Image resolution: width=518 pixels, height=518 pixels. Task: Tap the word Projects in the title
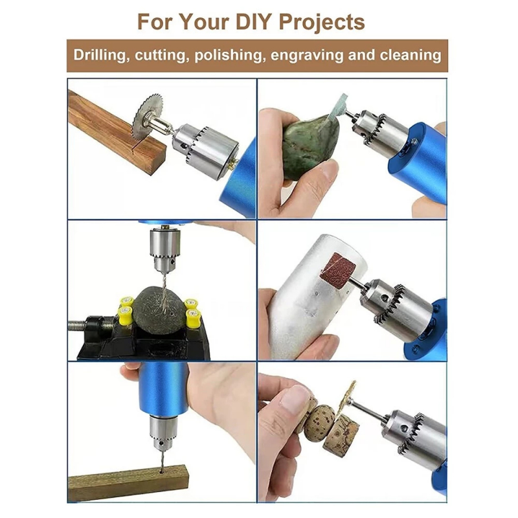pos(322,23)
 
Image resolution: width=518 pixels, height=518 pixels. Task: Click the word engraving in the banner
pos(306,56)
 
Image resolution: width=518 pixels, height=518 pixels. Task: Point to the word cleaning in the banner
pos(410,55)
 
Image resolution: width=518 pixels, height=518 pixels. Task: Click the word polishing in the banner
pos(230,56)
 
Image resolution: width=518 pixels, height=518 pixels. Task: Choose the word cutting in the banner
pos(161,56)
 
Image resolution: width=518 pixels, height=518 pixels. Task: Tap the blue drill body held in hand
pos(164,390)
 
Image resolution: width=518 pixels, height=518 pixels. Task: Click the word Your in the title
pos(204,22)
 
